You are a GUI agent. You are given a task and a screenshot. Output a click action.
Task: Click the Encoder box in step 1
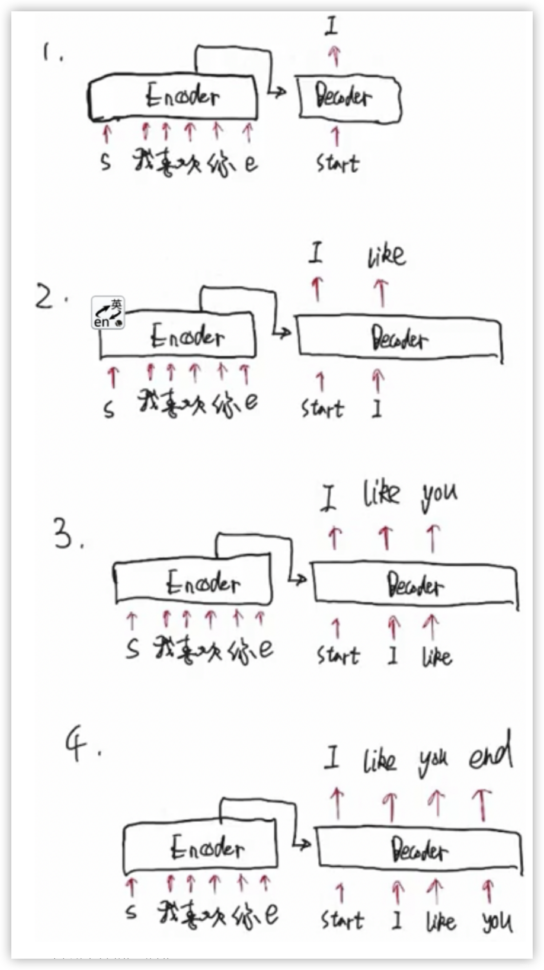point(173,97)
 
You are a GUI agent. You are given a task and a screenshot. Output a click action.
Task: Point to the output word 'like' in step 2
point(387,256)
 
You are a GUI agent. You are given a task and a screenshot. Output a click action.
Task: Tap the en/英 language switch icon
point(108,313)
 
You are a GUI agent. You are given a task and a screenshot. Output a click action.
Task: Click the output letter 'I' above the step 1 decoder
point(331,27)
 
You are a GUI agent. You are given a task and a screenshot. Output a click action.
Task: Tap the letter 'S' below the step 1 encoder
point(106,163)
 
